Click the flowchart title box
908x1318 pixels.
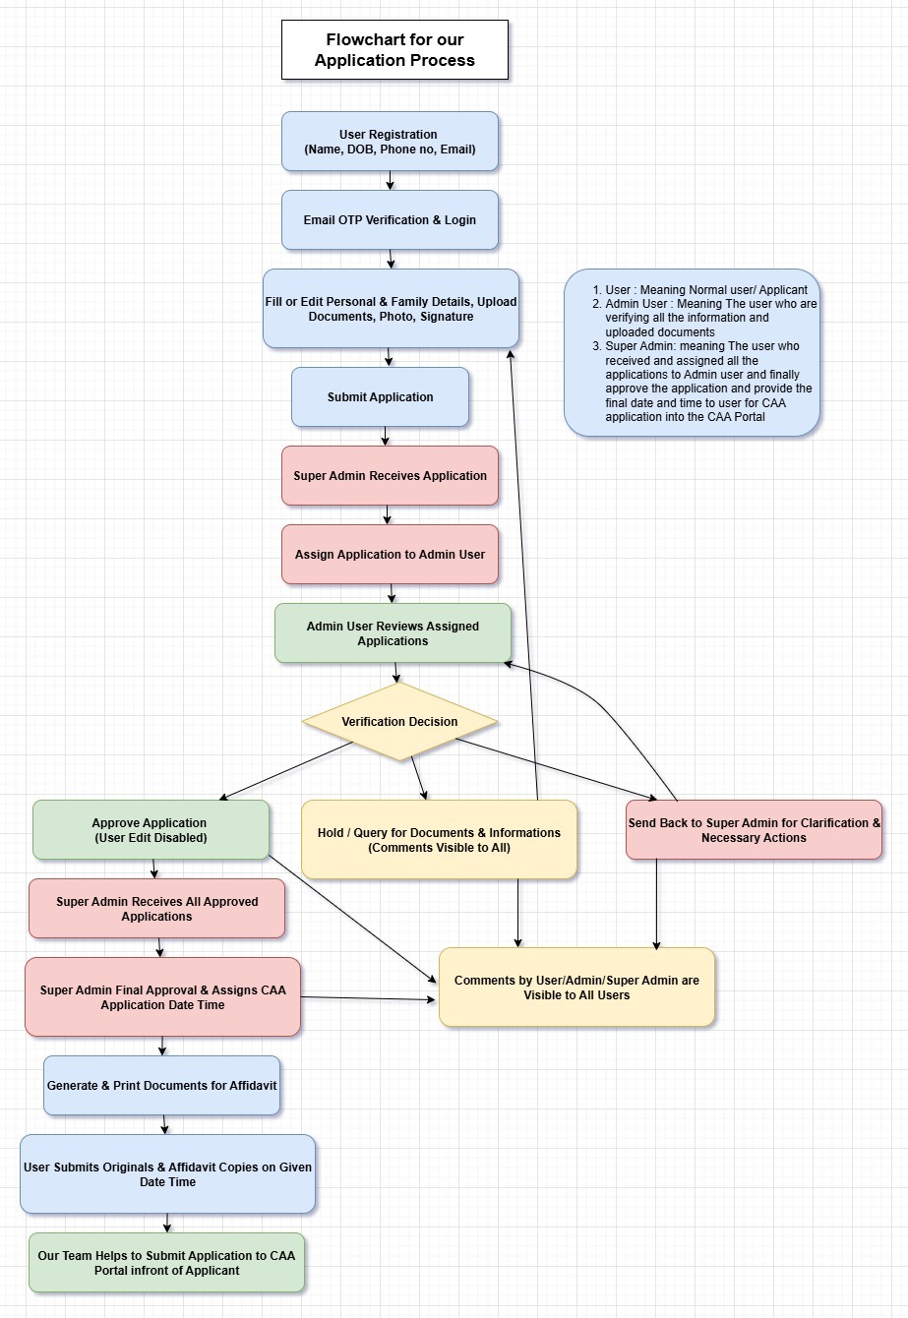394,50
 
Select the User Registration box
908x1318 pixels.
390,142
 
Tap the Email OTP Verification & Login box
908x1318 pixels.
390,219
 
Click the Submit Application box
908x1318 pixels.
380,397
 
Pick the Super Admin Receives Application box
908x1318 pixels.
390,476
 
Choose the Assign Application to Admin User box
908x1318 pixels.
390,555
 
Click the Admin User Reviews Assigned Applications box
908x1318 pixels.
393,633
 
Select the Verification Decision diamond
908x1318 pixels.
399,722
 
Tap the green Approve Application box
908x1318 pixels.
151,830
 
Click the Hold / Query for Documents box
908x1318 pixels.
439,840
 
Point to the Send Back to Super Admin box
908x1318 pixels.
754,830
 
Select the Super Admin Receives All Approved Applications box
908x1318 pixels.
156,909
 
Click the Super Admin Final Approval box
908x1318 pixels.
162,997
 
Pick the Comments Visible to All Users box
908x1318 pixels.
576,988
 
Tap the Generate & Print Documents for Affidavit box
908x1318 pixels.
161,1086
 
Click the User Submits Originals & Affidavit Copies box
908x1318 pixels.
167,1174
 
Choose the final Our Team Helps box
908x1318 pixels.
166,1263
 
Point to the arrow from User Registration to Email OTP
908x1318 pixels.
391,181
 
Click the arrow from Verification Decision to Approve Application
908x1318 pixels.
285,771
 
